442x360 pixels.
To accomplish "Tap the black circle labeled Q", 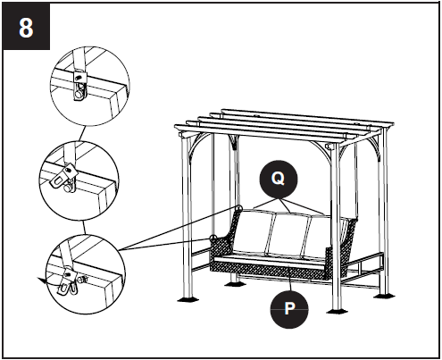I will point(278,179).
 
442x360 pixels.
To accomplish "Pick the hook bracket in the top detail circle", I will point(81,88).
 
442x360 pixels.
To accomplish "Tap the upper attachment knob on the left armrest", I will point(238,209).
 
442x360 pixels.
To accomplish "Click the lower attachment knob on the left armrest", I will point(213,238).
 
